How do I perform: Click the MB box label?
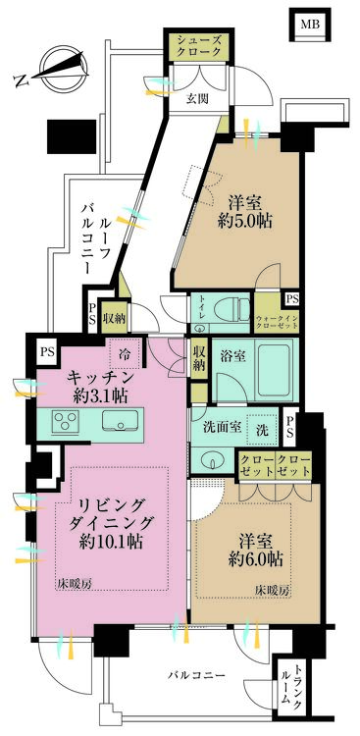(309, 25)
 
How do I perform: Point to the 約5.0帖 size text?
(245, 221)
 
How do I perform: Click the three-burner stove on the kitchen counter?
(66, 423)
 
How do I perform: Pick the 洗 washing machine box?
(260, 429)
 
